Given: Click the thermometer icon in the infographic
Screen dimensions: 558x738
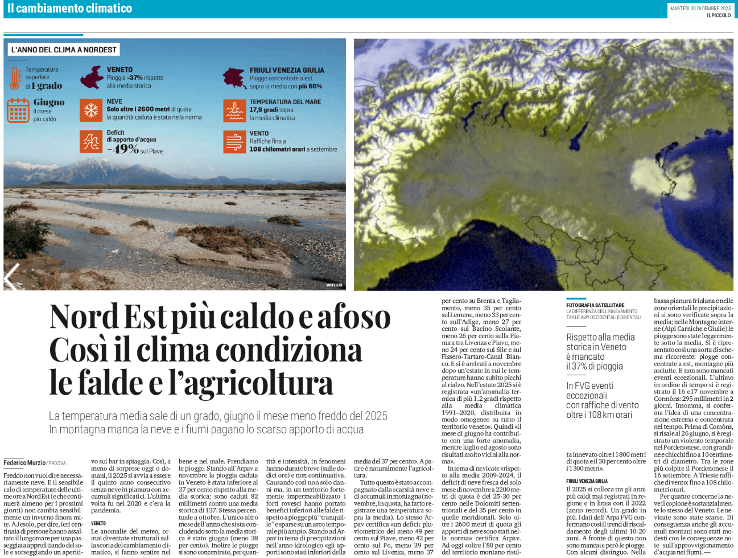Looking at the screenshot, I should (x=15, y=78).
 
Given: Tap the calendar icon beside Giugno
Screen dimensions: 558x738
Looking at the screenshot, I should (x=18, y=110).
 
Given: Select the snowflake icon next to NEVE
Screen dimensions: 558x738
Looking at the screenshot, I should (x=91, y=109).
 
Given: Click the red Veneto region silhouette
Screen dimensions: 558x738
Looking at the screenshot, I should (x=91, y=78).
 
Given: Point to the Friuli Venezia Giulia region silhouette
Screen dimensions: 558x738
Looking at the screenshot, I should (x=234, y=78).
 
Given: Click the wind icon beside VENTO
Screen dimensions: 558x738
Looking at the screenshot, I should (x=234, y=141).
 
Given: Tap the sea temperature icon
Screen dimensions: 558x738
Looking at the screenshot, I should (x=234, y=110).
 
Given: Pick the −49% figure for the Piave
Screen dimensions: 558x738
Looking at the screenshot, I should (x=123, y=149).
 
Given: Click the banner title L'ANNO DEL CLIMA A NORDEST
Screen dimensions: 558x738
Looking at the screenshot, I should (x=64, y=50).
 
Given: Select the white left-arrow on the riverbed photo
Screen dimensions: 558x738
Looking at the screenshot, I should (x=12, y=277).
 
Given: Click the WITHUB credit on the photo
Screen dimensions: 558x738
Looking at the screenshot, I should (x=334, y=285).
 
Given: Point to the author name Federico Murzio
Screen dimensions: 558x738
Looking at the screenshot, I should (x=24, y=463).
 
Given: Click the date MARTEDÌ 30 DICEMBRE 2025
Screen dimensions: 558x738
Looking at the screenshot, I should (x=700, y=9).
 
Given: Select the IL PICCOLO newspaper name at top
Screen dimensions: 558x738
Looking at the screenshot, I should (x=719, y=15).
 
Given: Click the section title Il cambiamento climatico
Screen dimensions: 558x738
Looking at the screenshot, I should (x=69, y=9).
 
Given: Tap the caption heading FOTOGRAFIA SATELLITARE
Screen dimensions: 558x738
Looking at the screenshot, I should (x=595, y=305).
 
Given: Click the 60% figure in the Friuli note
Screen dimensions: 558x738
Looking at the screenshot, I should (x=315, y=87).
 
